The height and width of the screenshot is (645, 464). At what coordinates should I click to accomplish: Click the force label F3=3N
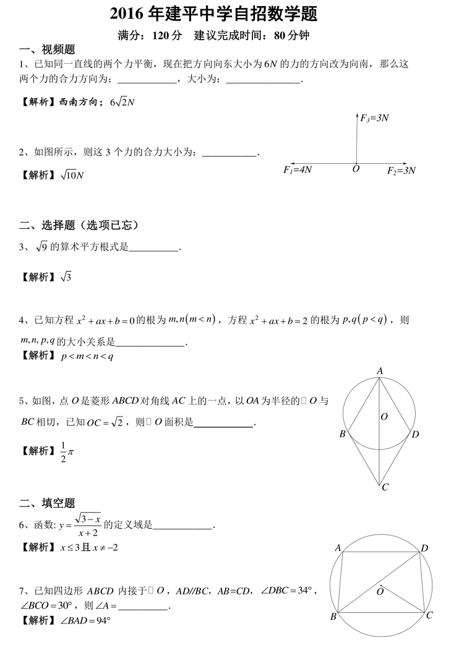[x=375, y=117]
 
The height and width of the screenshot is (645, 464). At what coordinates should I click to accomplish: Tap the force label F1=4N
[x=298, y=169]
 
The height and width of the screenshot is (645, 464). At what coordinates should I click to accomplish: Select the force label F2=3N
[x=401, y=170]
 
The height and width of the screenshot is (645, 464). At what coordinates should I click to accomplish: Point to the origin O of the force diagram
[x=356, y=169]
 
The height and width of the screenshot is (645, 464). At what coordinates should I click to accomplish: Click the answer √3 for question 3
[x=66, y=277]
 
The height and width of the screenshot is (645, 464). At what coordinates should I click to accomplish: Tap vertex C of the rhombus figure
[x=385, y=487]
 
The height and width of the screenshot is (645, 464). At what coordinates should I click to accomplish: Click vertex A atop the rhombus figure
[x=380, y=371]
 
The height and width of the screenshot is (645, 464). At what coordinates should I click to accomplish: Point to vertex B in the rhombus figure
[x=342, y=434]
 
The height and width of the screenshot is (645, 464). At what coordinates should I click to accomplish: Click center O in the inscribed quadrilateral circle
[x=380, y=591]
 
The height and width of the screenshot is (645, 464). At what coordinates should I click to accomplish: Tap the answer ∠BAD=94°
[x=85, y=620]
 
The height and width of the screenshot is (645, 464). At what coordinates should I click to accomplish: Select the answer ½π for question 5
[x=67, y=452]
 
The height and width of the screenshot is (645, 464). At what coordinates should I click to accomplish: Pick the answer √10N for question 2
[x=72, y=175]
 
